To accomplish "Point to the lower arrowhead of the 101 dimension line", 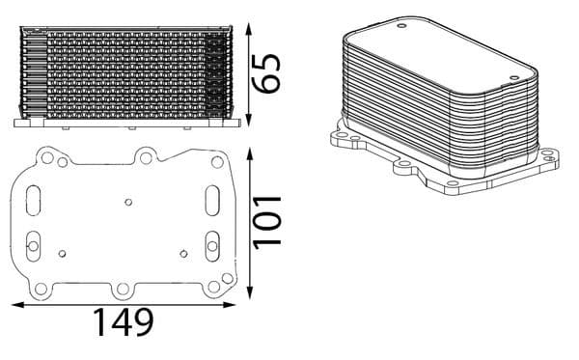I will [x=249, y=291].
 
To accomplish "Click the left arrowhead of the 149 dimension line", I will [x=15, y=305].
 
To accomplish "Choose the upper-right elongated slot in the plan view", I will [x=211, y=198].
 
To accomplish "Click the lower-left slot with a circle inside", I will [x=34, y=247].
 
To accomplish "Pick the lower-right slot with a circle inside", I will [x=211, y=246].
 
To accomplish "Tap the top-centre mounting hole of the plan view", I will [x=145, y=154].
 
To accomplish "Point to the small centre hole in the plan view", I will [x=128, y=203].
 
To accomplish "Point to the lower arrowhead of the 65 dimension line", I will [x=249, y=124].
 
